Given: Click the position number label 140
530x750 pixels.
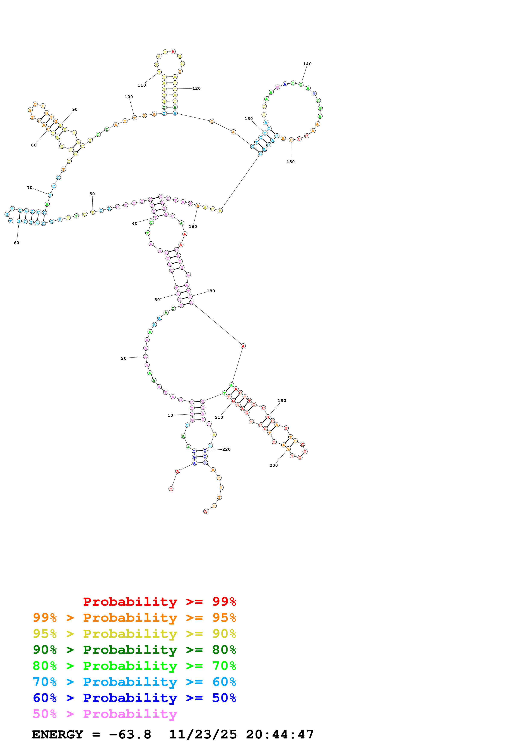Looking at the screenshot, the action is coord(307,64).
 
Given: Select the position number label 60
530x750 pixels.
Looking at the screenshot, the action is coord(16,243).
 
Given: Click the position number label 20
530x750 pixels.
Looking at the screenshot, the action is coord(123,358).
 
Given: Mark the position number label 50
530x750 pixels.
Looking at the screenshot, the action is coord(92,194).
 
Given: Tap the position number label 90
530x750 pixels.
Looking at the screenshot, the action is coord(75,109).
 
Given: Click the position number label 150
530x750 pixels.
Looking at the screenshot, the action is coord(290,162).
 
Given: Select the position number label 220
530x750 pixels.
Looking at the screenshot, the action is coord(226,449).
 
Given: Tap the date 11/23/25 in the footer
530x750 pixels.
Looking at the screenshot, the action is coord(203,735).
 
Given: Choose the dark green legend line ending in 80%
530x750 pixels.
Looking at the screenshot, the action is coord(134,650).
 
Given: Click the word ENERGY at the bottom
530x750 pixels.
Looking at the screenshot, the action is coord(58,735).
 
